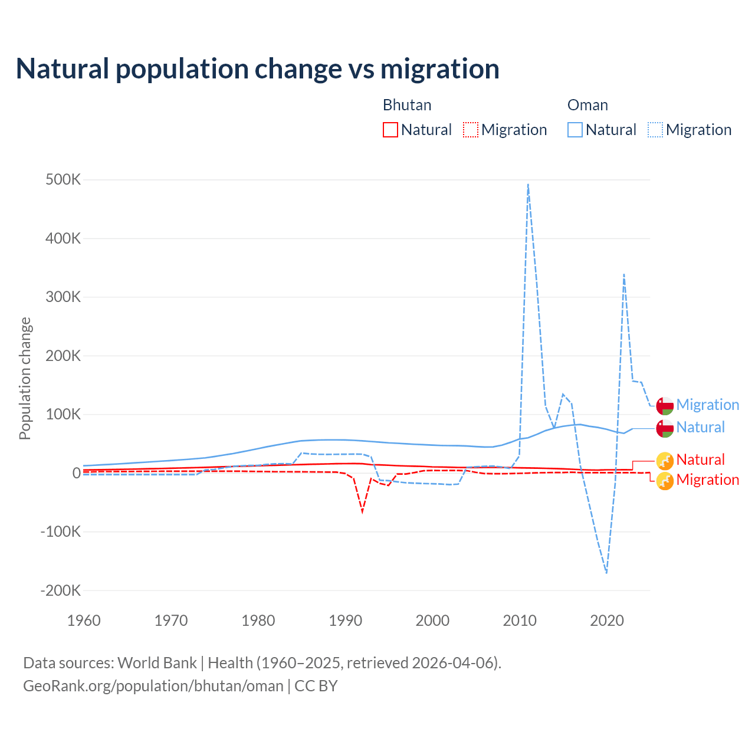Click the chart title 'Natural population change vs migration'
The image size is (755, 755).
(258, 69)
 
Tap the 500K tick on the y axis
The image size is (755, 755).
(63, 179)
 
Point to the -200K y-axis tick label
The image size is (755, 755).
(60, 590)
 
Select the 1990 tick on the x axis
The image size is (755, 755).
(345, 621)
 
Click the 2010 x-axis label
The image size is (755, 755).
(520, 621)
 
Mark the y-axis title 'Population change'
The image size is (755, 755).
(25, 379)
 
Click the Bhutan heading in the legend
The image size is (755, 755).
(407, 105)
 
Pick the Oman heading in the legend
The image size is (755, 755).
(587, 105)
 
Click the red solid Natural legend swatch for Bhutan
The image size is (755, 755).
(390, 130)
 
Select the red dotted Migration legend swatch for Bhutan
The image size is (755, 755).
(471, 130)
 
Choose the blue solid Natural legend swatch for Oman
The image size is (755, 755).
(575, 130)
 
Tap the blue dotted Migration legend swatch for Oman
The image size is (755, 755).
(655, 130)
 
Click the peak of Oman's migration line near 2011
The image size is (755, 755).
(528, 185)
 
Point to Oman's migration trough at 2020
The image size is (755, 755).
(606, 572)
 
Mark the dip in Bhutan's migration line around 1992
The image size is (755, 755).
(362, 511)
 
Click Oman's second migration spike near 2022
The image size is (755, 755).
(623, 274)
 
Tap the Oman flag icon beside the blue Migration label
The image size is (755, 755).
(665, 406)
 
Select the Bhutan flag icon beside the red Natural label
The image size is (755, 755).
(665, 460)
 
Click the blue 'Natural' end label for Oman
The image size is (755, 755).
(700, 427)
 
